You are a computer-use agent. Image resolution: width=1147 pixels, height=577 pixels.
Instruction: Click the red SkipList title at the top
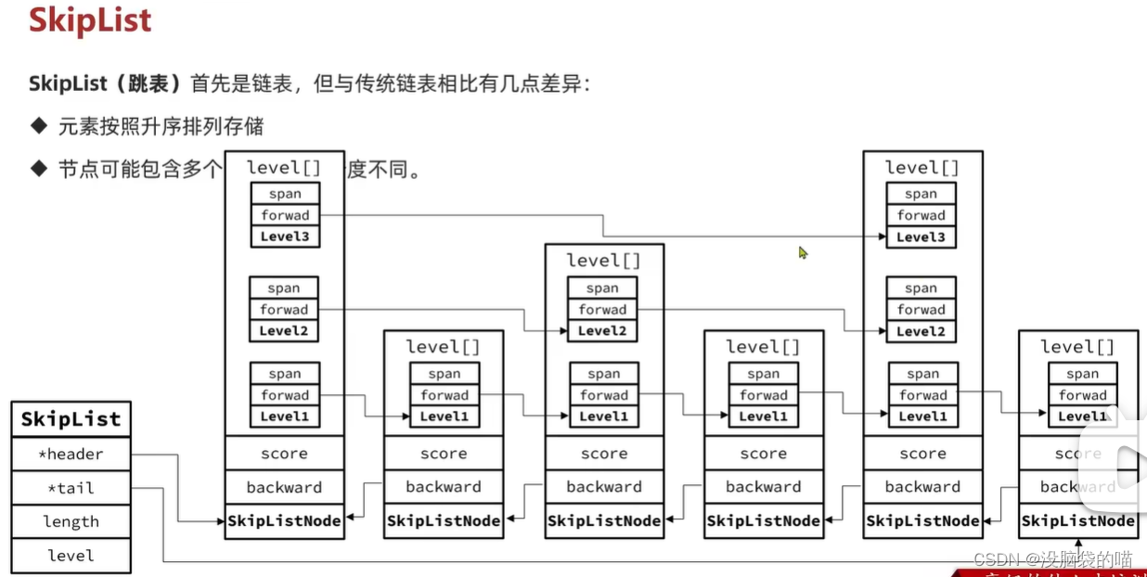pos(90,20)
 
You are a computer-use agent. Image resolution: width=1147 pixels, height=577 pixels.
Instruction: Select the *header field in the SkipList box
pos(71,455)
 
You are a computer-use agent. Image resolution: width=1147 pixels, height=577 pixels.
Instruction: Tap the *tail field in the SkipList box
pos(71,488)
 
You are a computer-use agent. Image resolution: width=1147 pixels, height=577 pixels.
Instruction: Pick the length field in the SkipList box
pos(71,521)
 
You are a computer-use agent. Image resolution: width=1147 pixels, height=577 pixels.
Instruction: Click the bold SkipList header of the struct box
pos(71,419)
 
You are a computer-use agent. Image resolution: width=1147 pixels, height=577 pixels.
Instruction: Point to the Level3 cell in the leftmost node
pos(284,237)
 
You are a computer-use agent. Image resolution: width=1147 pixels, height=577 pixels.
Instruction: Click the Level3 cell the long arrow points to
pos(921,237)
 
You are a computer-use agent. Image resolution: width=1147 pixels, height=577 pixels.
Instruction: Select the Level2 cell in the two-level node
pos(602,331)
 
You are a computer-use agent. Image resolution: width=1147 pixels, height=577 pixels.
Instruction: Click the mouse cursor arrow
pos(803,252)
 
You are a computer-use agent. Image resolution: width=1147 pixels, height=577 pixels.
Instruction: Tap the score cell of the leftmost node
pos(284,454)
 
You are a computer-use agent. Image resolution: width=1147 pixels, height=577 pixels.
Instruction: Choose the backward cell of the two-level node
pos(604,487)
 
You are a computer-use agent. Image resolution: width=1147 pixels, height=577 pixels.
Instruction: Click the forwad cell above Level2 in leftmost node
pos(284,310)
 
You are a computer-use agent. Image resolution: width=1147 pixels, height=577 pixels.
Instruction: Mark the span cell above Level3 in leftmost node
pos(284,194)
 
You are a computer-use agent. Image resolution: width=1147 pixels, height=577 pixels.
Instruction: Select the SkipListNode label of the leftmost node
pos(284,521)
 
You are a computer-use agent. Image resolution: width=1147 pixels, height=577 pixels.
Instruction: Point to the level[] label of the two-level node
pos(604,261)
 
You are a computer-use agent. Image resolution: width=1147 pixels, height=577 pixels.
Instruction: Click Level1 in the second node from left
pos(445,417)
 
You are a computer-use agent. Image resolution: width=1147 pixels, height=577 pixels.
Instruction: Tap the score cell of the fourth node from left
pos(764,454)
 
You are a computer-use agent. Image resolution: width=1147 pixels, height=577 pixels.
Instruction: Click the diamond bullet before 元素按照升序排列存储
pos(38,125)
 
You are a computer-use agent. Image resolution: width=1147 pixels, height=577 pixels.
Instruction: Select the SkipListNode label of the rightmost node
pos(1078,521)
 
